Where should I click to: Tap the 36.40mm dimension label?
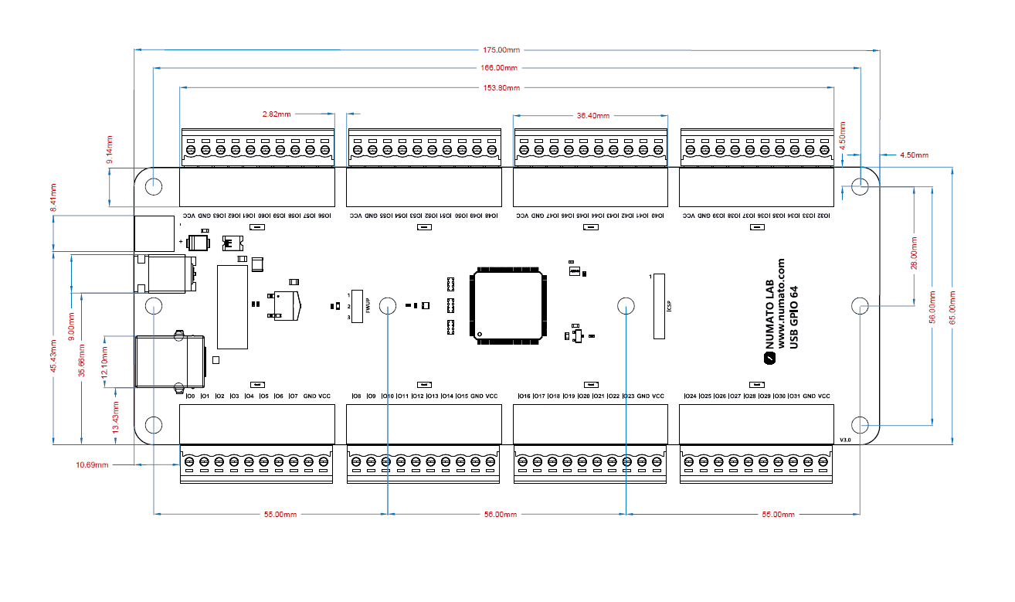click(592, 116)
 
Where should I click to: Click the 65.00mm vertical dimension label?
click(952, 304)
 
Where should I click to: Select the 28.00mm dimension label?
click(915, 255)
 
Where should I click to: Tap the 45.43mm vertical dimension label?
click(53, 356)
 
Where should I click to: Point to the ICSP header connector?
click(659, 306)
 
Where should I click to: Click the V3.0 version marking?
click(844, 440)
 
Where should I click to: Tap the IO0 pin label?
click(189, 396)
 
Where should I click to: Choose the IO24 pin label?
click(690, 396)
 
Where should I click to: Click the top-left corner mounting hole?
click(154, 185)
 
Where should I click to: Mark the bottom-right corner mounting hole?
click(860, 424)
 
